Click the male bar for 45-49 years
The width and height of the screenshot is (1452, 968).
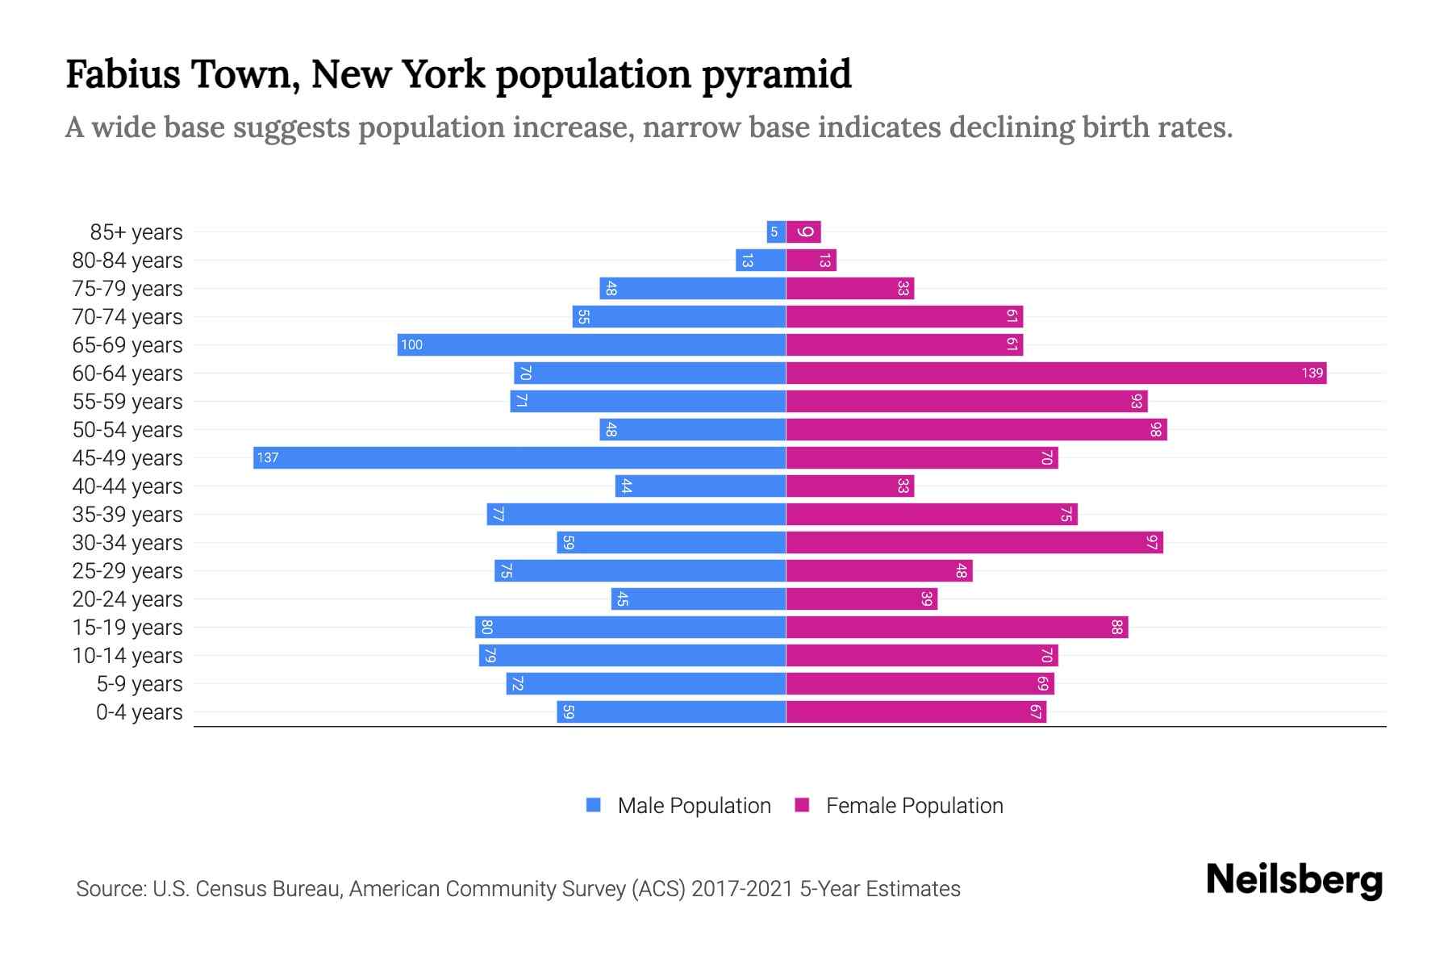click(x=519, y=457)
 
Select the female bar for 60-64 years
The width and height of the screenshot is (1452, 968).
click(x=1056, y=373)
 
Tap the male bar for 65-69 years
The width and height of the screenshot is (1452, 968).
click(x=591, y=344)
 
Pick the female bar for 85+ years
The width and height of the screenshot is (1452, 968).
click(x=803, y=232)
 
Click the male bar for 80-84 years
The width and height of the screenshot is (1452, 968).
click(x=761, y=260)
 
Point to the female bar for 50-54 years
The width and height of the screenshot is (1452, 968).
click(x=976, y=429)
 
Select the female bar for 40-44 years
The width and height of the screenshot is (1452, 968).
click(x=850, y=486)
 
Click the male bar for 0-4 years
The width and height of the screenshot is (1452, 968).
click(x=671, y=711)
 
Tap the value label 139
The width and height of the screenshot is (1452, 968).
click(x=1312, y=373)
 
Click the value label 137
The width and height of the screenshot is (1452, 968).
click(x=267, y=457)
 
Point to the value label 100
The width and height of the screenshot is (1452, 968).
click(x=411, y=344)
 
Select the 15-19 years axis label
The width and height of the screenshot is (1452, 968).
click(x=127, y=627)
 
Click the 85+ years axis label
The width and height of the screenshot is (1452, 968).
click(x=136, y=232)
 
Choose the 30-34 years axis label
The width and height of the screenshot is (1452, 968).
click(x=127, y=542)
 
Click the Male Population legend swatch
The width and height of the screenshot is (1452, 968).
click(x=594, y=805)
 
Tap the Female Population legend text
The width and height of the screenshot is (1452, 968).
click(x=914, y=805)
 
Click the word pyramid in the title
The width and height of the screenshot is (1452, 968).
click(x=776, y=74)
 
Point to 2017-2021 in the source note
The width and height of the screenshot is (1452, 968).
click(x=742, y=888)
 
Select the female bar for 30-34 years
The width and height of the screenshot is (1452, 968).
click(x=974, y=542)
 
